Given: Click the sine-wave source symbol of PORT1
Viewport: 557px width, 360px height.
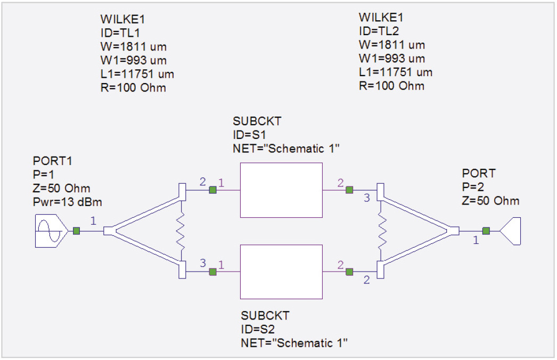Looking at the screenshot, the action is tap(51, 231).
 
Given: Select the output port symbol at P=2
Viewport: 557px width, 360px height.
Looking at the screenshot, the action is tap(511, 231).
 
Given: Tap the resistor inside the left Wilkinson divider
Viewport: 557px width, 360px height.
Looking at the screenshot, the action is tap(181, 231).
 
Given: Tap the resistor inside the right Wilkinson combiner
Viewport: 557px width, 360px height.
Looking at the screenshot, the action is tap(382, 231).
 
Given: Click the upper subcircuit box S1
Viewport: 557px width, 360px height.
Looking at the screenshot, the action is tap(281, 190).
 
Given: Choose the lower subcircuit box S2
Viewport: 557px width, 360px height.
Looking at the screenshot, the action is tap(281, 272).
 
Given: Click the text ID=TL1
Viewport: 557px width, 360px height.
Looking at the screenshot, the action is tap(120, 32).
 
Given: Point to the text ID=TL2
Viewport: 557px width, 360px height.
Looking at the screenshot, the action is tap(379, 31).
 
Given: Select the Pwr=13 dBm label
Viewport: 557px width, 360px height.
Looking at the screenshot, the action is tap(68, 202).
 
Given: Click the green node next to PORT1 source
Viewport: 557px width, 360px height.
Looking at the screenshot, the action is tap(76, 231).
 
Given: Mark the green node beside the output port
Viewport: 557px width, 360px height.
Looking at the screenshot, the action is tap(486, 231).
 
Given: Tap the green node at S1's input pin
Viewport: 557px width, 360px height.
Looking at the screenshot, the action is tap(213, 190).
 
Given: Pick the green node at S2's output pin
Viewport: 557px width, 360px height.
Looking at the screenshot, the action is tap(349, 272).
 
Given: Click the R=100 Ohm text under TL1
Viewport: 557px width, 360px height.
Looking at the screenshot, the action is tap(133, 87).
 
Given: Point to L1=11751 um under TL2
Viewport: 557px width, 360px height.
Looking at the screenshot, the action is tap(396, 72).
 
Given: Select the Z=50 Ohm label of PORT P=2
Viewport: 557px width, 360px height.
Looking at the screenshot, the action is tap(490, 200).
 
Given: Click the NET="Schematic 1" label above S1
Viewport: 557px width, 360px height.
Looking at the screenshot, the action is tap(286, 148).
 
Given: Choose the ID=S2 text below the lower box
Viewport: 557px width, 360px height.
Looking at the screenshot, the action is tap(258, 329).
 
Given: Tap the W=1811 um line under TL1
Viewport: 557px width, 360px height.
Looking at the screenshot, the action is tap(134, 46).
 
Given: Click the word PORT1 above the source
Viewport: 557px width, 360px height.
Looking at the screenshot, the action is tap(53, 161).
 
